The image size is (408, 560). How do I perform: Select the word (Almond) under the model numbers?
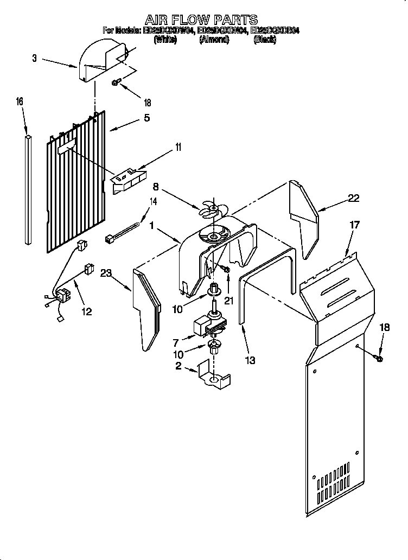pyautogui.click(x=214, y=40)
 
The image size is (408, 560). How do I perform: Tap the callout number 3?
pyautogui.click(x=35, y=58)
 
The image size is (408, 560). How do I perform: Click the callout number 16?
pyautogui.click(x=20, y=101)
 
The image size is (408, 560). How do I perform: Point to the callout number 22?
pyautogui.click(x=354, y=199)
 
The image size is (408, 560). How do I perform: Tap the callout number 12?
pyautogui.click(x=86, y=311)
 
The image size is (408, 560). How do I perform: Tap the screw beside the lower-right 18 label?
pyautogui.click(x=378, y=358)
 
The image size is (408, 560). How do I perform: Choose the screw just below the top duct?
pyautogui.click(x=116, y=82)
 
